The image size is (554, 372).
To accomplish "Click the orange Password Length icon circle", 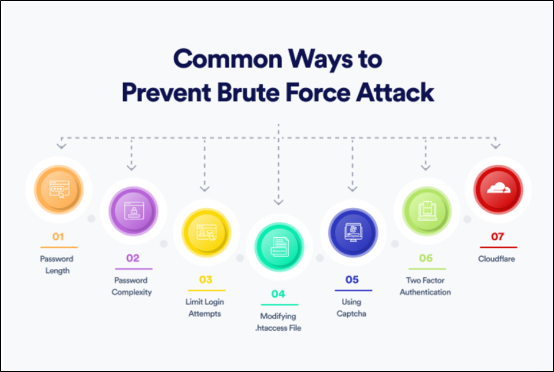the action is (58, 190).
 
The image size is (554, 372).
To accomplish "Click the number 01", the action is (58, 237).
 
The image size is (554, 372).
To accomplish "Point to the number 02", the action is (133, 258).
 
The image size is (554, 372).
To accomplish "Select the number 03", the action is (205, 280).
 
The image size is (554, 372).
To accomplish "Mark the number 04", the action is (278, 294).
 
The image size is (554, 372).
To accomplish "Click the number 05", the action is (352, 280).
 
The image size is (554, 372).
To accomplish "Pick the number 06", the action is (426, 258).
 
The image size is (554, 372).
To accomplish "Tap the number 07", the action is (498, 237).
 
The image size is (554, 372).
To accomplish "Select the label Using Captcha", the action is (352, 308).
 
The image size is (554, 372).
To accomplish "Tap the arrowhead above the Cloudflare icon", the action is (496, 145).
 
